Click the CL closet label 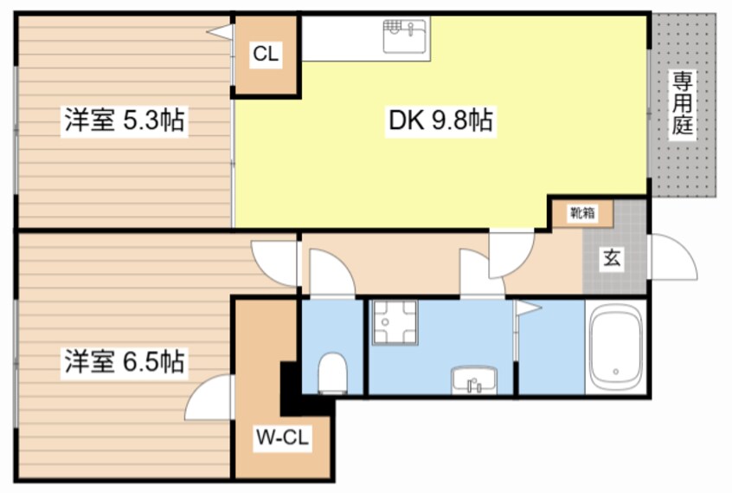266,54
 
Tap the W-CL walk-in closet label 282,438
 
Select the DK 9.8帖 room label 440,120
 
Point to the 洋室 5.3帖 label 125,120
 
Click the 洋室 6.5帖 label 125,361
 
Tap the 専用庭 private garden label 682,104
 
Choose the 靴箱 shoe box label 582,213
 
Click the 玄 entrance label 612,258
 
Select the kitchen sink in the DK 404,36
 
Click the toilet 332,373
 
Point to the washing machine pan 395,322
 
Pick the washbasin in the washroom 474,379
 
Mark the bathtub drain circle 616,372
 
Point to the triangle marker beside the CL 220,32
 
